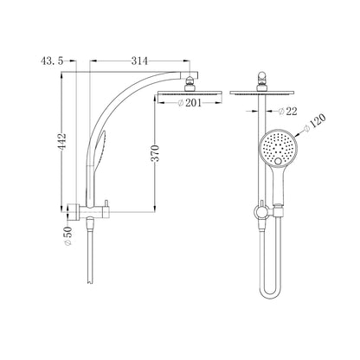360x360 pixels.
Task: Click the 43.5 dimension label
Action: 52,61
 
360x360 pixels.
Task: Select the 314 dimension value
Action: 139,61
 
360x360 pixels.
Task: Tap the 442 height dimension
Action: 62,141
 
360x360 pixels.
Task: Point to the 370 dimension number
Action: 156,153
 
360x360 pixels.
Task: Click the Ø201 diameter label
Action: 190,103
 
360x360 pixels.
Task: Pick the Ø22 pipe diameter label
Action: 287,111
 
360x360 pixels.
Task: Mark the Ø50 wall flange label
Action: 68,235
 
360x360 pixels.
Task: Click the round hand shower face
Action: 277,147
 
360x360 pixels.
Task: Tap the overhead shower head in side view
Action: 190,93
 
